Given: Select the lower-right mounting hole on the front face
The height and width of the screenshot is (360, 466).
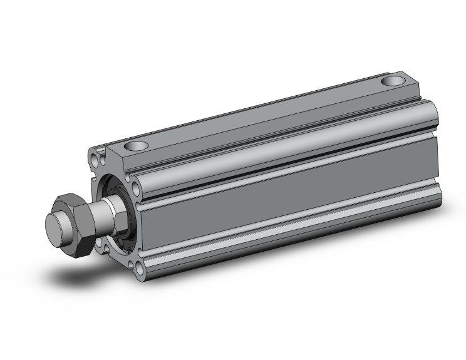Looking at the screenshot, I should tap(138, 254).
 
